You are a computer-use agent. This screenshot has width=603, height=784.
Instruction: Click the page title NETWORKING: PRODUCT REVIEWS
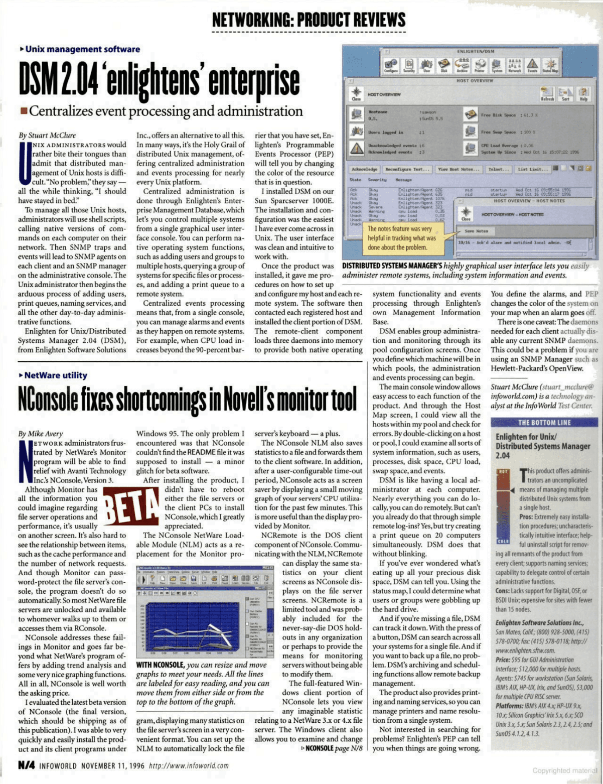[x=309, y=20]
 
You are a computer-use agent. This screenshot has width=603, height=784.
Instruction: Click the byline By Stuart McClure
[x=47, y=135]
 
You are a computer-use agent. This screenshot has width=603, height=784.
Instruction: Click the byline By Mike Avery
[x=41, y=434]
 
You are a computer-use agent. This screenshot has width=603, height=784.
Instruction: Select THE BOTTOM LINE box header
[x=544, y=423]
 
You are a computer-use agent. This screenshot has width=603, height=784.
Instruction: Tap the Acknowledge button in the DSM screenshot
[x=364, y=170]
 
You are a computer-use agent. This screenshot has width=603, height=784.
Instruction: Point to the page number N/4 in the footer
[x=26, y=765]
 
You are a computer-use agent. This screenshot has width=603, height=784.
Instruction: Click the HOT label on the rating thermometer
[x=503, y=472]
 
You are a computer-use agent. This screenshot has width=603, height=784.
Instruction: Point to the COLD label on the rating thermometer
[x=503, y=541]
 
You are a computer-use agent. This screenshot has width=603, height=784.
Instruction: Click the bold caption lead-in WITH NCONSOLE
[x=160, y=665]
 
